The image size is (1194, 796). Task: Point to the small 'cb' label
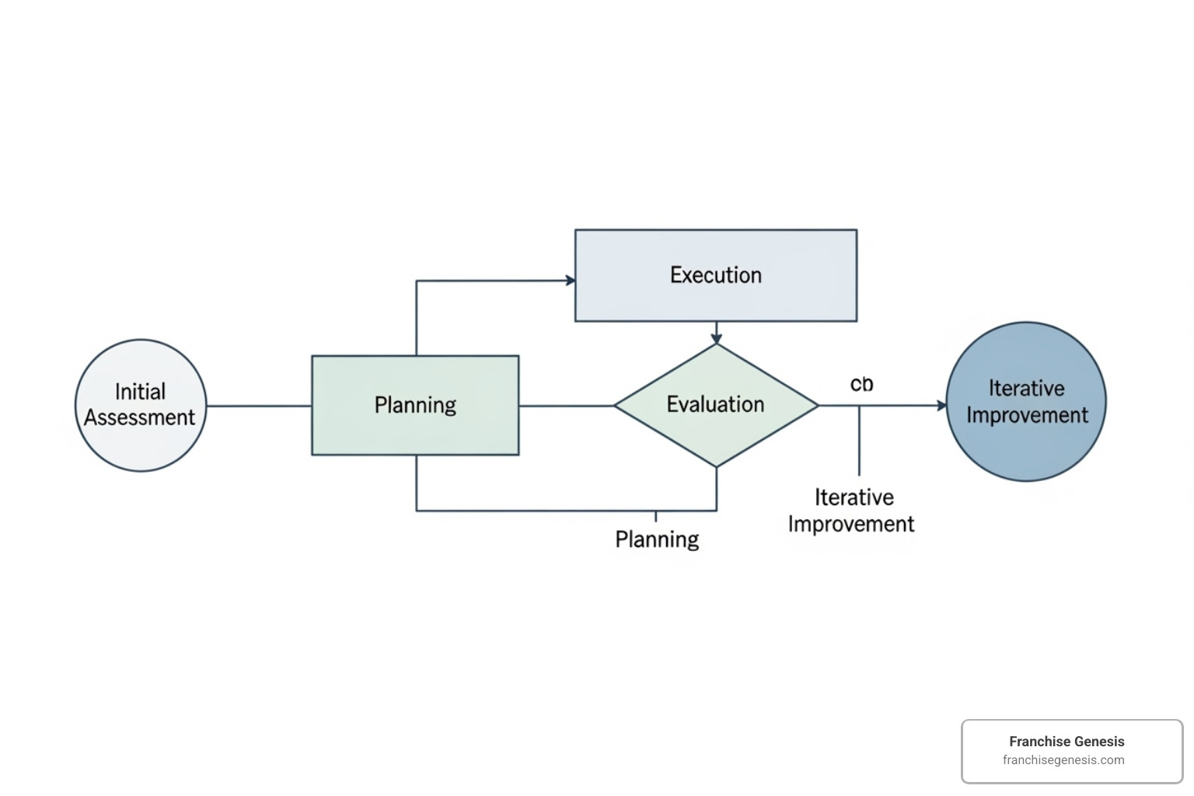click(861, 384)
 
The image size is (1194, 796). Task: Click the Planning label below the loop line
click(657, 539)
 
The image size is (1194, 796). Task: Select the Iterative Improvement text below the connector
click(852, 511)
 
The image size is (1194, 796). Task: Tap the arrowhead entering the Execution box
click(571, 281)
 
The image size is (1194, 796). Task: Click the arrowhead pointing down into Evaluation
click(716, 339)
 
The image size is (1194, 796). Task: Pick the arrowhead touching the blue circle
click(942, 405)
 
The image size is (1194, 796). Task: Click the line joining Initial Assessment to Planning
click(259, 406)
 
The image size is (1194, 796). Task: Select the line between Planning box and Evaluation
click(566, 406)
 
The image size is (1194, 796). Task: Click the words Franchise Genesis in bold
click(1067, 742)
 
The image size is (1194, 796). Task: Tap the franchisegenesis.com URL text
click(1063, 760)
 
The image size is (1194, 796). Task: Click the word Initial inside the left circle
click(140, 391)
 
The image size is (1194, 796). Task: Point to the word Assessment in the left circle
click(140, 417)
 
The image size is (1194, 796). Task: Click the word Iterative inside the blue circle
click(1026, 388)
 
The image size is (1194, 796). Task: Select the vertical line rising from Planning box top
click(417, 319)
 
